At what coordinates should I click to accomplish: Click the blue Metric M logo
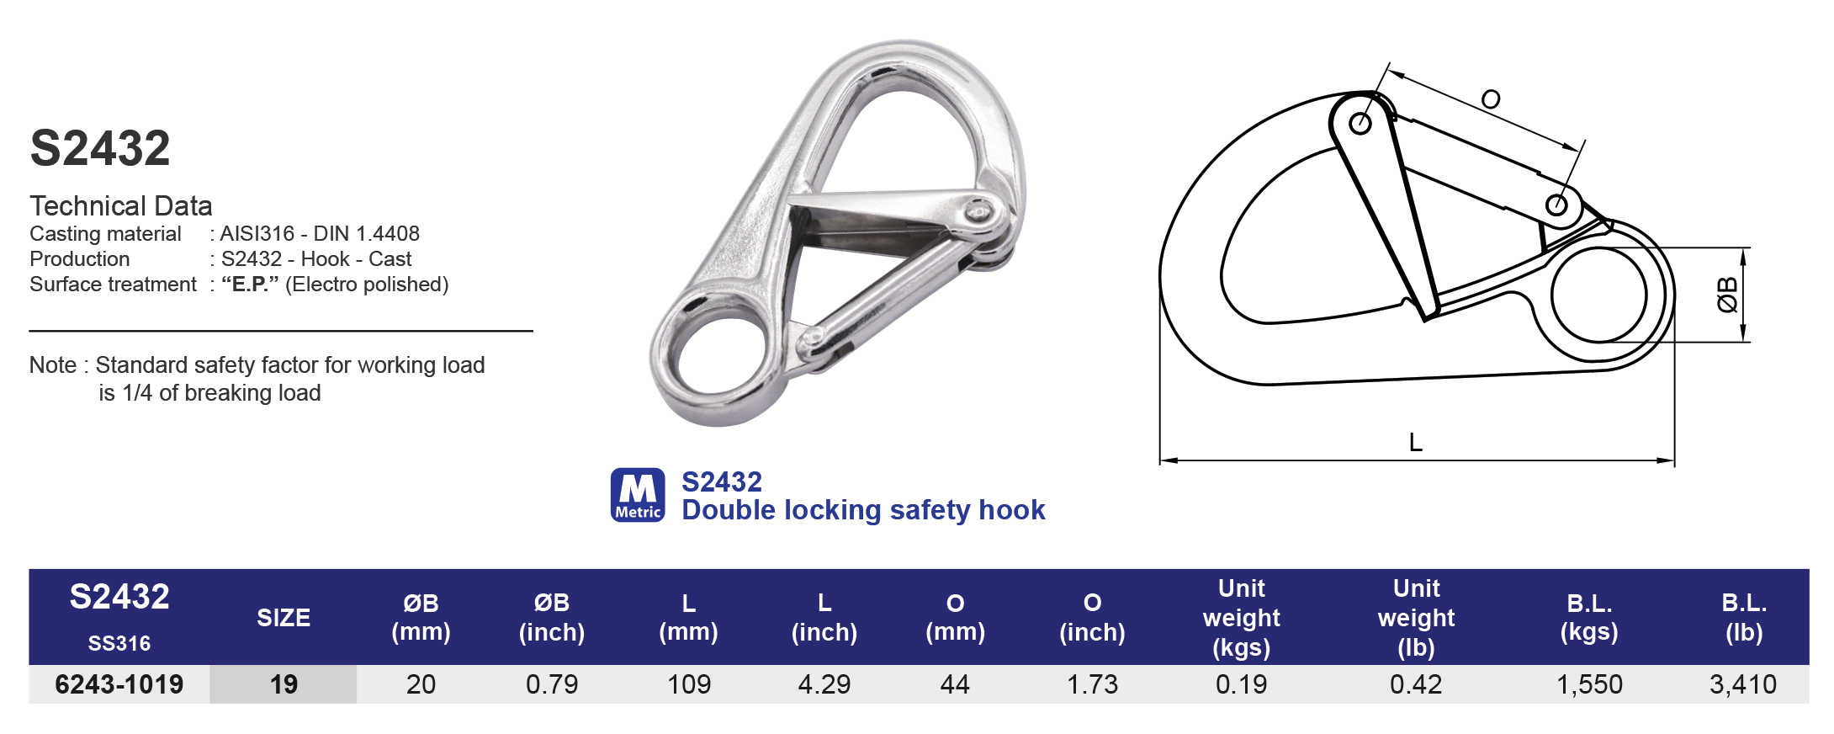pyautogui.click(x=638, y=495)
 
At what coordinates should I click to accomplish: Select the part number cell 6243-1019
pyautogui.click(x=119, y=684)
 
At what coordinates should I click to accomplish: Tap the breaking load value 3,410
pyautogui.click(x=1743, y=684)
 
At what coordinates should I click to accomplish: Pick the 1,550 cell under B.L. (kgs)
pyautogui.click(x=1589, y=684)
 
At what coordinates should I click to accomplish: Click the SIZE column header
pyautogui.click(x=284, y=618)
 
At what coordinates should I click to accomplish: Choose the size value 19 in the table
pyautogui.click(x=284, y=684)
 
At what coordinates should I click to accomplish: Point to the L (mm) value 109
pyautogui.click(x=689, y=684)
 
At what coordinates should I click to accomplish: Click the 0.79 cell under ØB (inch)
pyautogui.click(x=552, y=684)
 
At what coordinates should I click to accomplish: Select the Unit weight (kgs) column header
pyautogui.click(x=1242, y=618)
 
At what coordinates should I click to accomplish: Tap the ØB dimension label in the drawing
pyautogui.click(x=1726, y=295)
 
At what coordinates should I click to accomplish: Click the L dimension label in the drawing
pyautogui.click(x=1416, y=443)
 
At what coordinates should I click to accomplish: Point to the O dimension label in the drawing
pyautogui.click(x=1490, y=100)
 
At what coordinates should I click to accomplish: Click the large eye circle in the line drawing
pyautogui.click(x=1598, y=295)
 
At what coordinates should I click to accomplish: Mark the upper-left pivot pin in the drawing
pyautogui.click(x=1360, y=124)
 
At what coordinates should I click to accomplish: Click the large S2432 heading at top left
pyautogui.click(x=100, y=148)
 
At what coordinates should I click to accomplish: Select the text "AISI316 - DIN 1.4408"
pyautogui.click(x=320, y=234)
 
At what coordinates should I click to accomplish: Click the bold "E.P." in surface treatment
pyautogui.click(x=250, y=285)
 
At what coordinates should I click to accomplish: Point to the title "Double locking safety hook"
pyautogui.click(x=863, y=510)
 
